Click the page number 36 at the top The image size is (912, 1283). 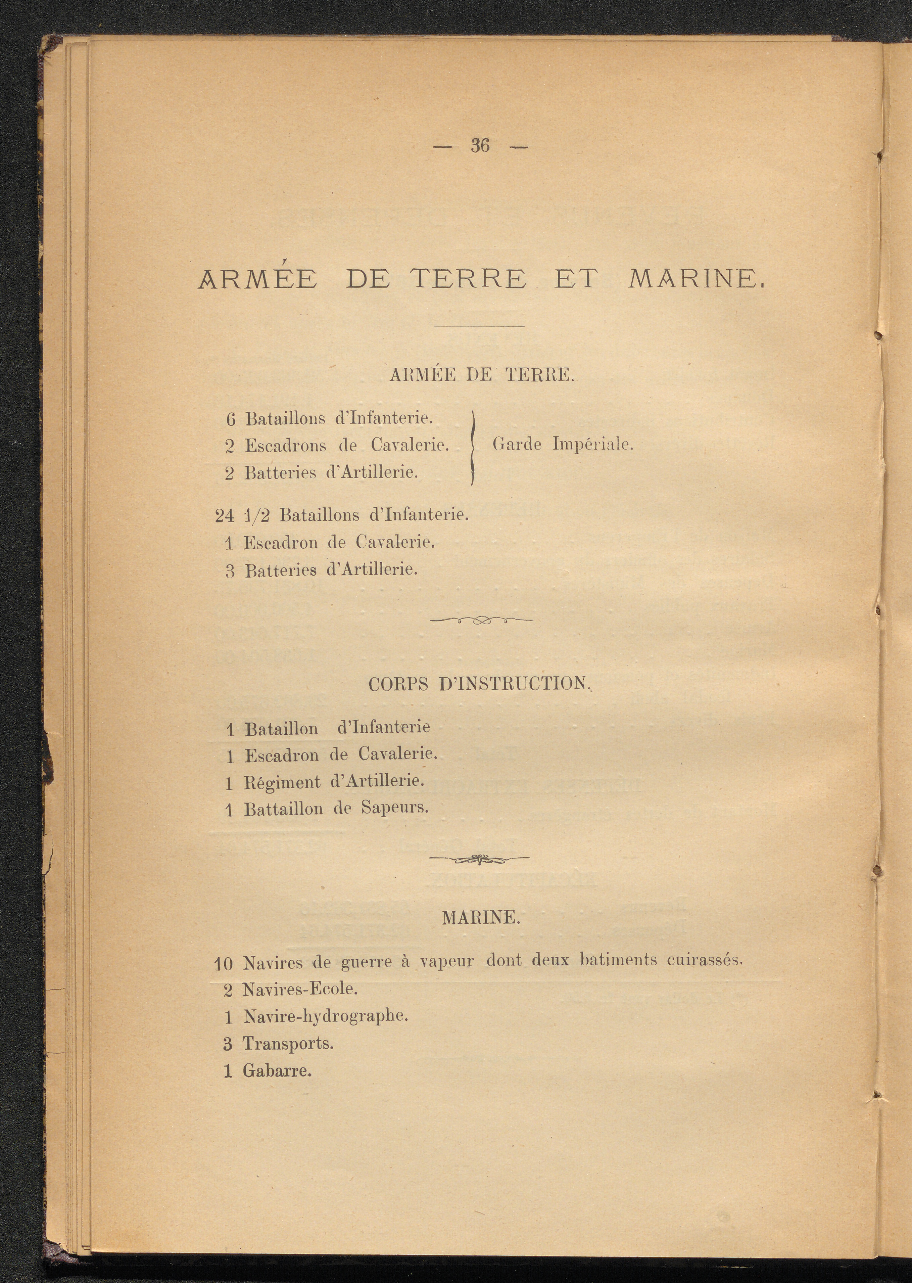[480, 145]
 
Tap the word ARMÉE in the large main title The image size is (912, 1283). [258, 279]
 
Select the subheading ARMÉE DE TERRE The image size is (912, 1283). [482, 375]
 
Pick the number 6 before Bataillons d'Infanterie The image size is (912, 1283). [230, 419]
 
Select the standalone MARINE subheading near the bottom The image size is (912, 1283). [481, 918]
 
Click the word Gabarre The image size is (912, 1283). [277, 1071]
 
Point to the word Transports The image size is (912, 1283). [288, 1044]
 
